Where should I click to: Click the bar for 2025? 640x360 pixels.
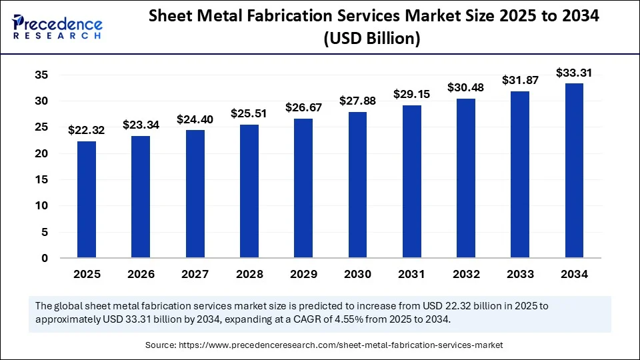click(x=87, y=199)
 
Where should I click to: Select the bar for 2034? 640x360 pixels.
click(x=575, y=170)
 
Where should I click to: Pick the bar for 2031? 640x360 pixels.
click(x=412, y=181)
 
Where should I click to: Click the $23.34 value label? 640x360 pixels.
click(x=141, y=124)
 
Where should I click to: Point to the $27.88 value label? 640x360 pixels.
click(x=357, y=101)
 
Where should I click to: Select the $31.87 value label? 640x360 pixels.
click(x=520, y=80)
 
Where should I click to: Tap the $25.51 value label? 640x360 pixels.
click(x=249, y=113)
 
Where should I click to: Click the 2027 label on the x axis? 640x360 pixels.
click(x=195, y=274)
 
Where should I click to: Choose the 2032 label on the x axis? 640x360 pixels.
click(x=466, y=274)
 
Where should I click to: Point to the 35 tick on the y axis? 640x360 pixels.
click(x=41, y=75)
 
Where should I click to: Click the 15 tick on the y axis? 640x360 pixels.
click(x=41, y=180)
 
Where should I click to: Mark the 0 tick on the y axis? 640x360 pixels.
click(x=45, y=258)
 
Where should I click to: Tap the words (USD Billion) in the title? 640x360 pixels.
click(x=372, y=39)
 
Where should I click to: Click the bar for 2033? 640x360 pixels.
click(x=520, y=174)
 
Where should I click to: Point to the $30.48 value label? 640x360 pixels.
click(x=466, y=87)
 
